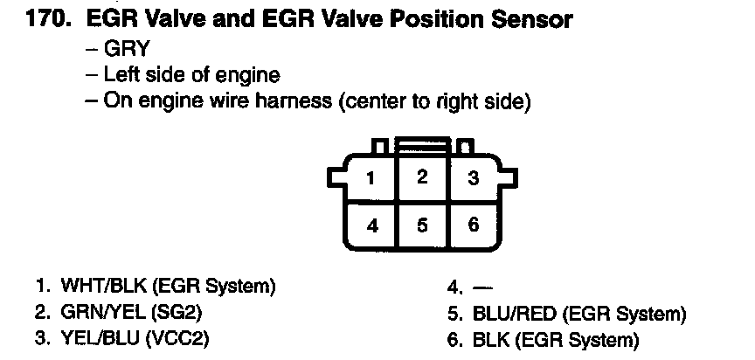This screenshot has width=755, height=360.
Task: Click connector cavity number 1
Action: [371, 179]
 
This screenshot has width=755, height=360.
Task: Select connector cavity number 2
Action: [423, 177]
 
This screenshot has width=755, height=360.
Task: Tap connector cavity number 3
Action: [473, 179]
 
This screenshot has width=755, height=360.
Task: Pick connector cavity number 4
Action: [372, 225]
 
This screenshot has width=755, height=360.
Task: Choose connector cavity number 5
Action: [423, 225]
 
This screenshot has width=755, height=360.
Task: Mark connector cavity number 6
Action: [473, 225]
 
